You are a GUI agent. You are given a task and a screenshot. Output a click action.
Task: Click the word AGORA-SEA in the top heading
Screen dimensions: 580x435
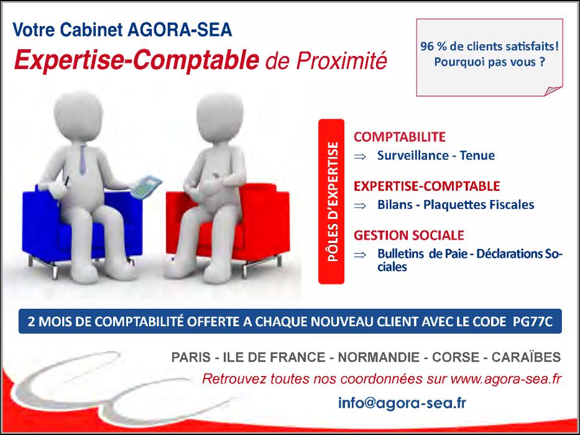180,30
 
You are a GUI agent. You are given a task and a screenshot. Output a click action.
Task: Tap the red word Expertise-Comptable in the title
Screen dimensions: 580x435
137,60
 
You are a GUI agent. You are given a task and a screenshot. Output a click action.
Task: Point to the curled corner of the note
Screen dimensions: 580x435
553,91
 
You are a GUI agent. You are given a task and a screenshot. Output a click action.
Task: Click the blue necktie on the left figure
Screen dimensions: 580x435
83,160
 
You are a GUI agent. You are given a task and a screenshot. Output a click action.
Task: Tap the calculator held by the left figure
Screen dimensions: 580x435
146,187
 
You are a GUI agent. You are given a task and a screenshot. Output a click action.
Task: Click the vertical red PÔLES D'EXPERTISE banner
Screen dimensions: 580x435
331,201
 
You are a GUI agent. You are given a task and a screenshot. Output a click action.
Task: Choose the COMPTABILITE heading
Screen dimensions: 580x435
400,137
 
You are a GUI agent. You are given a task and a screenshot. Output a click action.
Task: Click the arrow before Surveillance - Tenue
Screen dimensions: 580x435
360,157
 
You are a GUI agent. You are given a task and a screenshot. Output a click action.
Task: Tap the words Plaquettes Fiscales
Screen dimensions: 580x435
479,204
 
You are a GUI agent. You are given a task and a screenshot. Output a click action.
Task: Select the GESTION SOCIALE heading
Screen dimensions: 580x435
409,236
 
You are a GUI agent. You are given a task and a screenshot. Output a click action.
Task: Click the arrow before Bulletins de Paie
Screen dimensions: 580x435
360,255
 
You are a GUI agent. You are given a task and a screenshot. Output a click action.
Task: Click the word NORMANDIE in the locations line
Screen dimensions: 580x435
379,357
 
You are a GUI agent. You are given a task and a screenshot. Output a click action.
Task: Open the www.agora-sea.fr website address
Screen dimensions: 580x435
506,380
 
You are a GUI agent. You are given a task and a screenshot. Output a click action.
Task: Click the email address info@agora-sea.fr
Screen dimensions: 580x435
402,403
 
